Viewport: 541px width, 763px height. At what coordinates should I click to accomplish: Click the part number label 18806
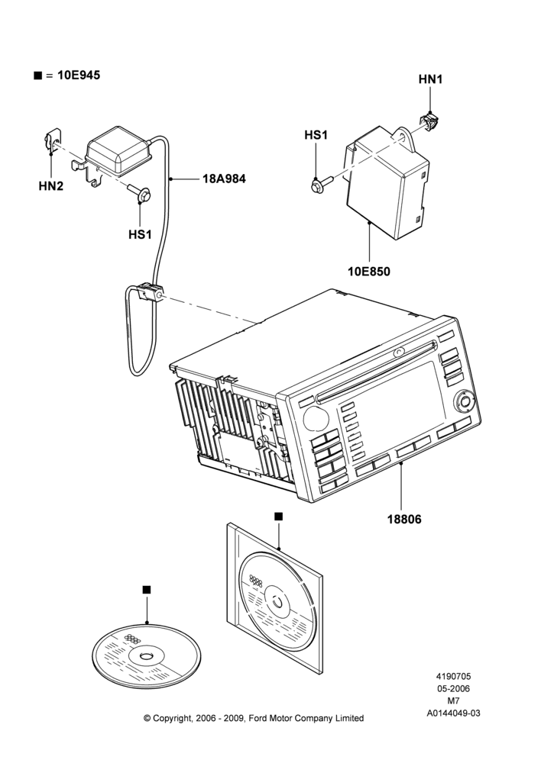[x=404, y=519]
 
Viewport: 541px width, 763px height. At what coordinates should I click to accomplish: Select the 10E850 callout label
[x=369, y=271]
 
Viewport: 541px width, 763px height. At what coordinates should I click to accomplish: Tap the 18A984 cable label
[x=224, y=179]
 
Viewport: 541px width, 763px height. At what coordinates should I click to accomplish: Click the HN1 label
[x=430, y=79]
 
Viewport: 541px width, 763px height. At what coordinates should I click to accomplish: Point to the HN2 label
[x=51, y=186]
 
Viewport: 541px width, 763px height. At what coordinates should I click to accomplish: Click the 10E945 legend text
[x=79, y=75]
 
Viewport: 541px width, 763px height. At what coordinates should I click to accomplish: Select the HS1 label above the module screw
[x=316, y=135]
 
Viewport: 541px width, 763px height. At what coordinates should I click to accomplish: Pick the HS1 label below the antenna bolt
[x=140, y=234]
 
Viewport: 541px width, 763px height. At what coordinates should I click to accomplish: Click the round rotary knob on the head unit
[x=465, y=401]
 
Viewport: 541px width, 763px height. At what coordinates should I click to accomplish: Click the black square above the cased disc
[x=278, y=517]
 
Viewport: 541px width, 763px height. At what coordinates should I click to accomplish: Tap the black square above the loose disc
[x=147, y=590]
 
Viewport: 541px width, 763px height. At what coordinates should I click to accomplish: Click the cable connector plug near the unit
[x=150, y=292]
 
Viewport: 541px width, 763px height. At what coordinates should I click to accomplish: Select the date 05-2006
[x=453, y=688]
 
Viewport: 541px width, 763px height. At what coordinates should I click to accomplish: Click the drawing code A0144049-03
[x=453, y=713]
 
